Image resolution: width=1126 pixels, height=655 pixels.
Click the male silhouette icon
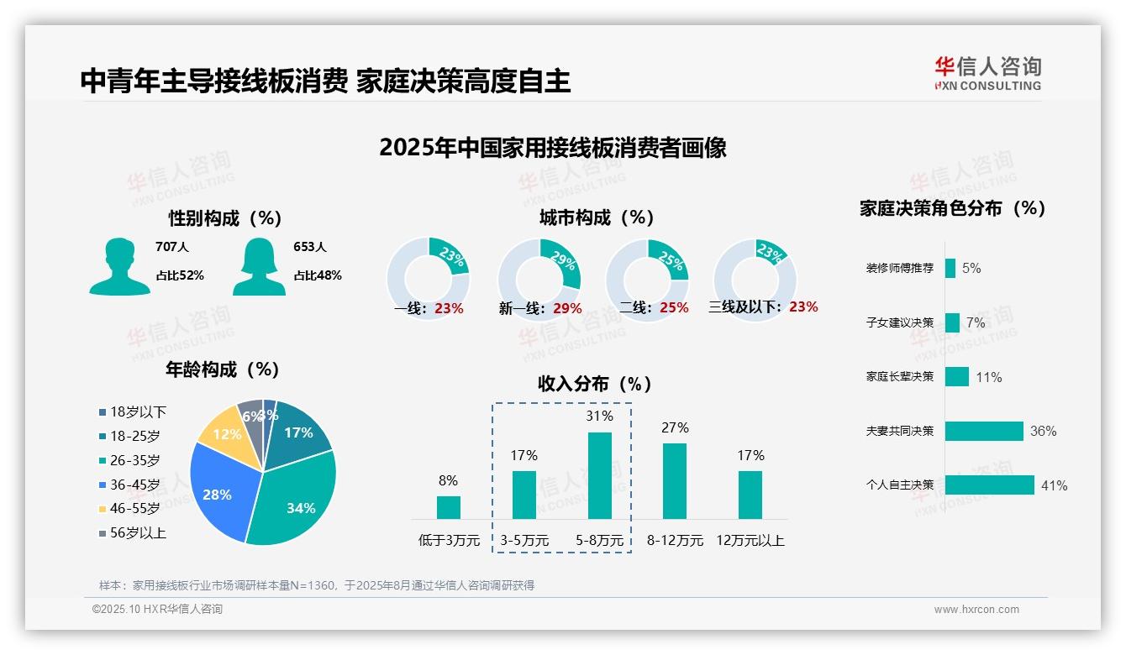[x=119, y=267]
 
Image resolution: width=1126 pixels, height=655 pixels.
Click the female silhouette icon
[x=259, y=267]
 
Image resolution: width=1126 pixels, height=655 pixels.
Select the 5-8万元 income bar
[x=600, y=475]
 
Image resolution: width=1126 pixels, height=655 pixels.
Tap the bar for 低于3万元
[x=449, y=507]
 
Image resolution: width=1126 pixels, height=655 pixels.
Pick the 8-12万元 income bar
[x=675, y=480]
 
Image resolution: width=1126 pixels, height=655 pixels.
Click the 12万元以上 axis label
[x=750, y=540]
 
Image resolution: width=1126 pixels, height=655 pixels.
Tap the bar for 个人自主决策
[x=989, y=485]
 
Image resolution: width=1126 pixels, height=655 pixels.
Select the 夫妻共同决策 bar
[x=984, y=431]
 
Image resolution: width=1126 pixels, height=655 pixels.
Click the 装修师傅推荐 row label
[x=899, y=269]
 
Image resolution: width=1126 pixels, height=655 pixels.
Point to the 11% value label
[x=989, y=377]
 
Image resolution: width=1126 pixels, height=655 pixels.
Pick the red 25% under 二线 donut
[x=674, y=308]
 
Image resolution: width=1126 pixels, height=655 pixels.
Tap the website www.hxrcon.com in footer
[x=976, y=610]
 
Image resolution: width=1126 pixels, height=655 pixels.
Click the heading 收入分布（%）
[x=595, y=384]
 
